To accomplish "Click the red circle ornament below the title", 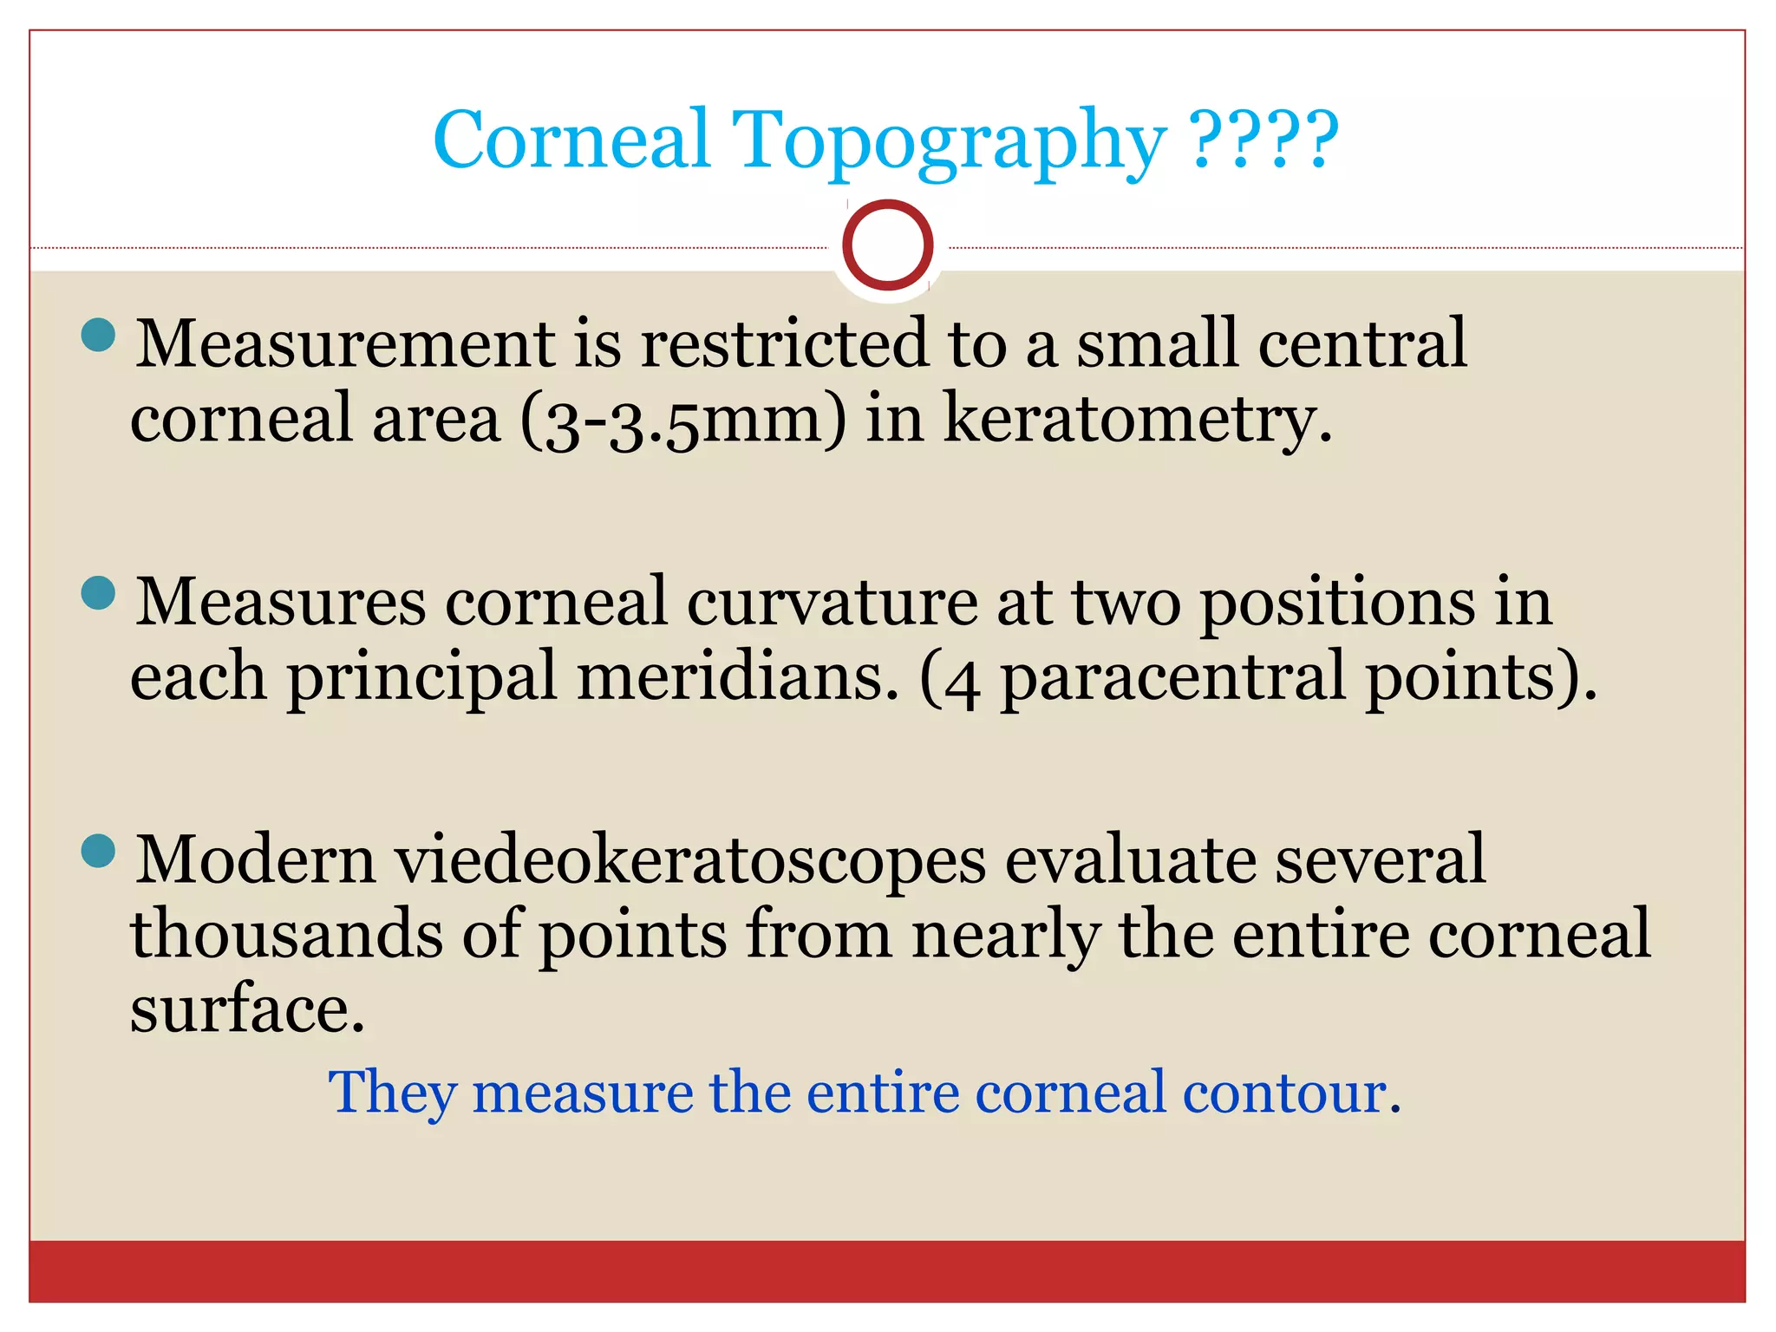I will (887, 245).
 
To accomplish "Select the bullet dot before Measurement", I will (98, 335).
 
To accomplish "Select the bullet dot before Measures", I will (98, 594).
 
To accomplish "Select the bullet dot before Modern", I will (98, 851).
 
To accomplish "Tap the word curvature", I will (832, 602).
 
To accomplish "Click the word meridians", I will (737, 677).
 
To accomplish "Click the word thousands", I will (286, 935).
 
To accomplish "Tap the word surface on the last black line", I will (246, 1010).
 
